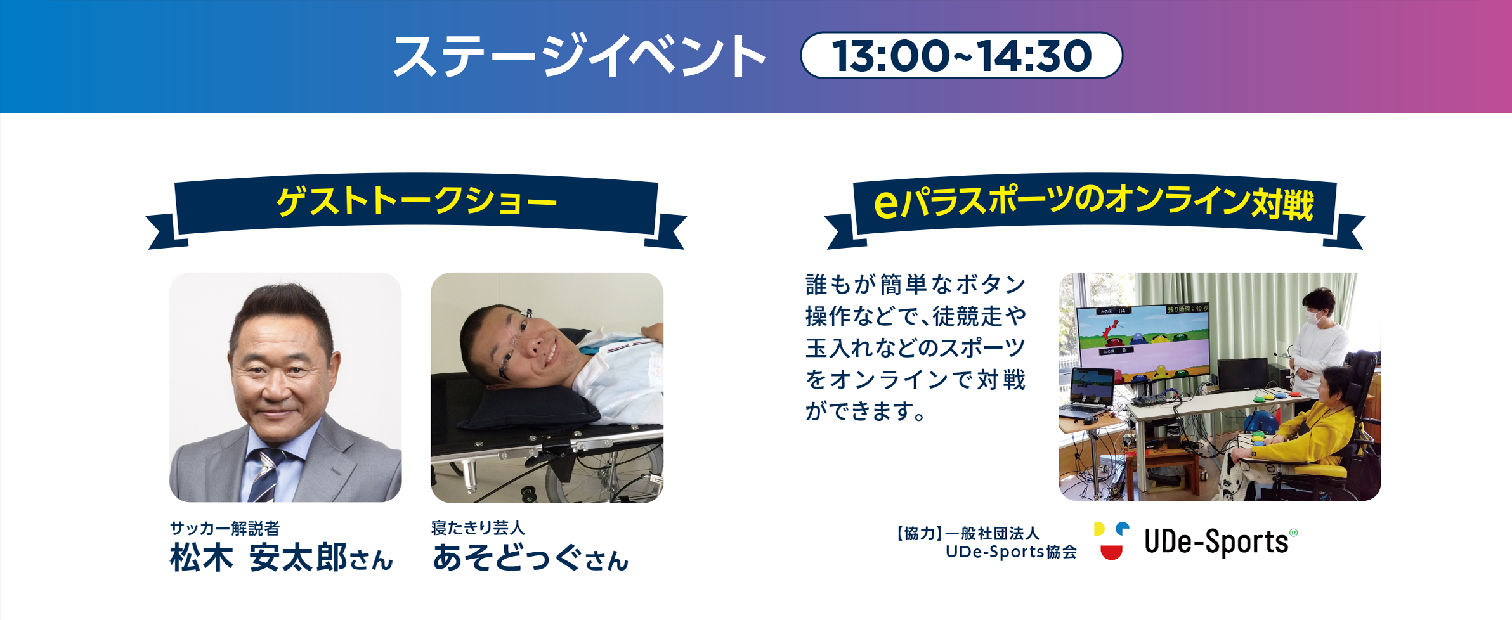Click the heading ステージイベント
point(578,56)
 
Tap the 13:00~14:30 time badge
point(961,56)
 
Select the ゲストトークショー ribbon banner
point(416,203)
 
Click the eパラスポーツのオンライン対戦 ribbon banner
point(1093,203)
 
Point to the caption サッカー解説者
point(225,528)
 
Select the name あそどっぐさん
point(530,559)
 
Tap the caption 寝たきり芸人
point(478,527)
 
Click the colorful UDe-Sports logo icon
point(1111,541)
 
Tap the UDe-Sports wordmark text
point(1216,542)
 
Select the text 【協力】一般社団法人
point(968,534)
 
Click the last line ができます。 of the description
point(866,411)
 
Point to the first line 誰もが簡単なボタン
point(915,285)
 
